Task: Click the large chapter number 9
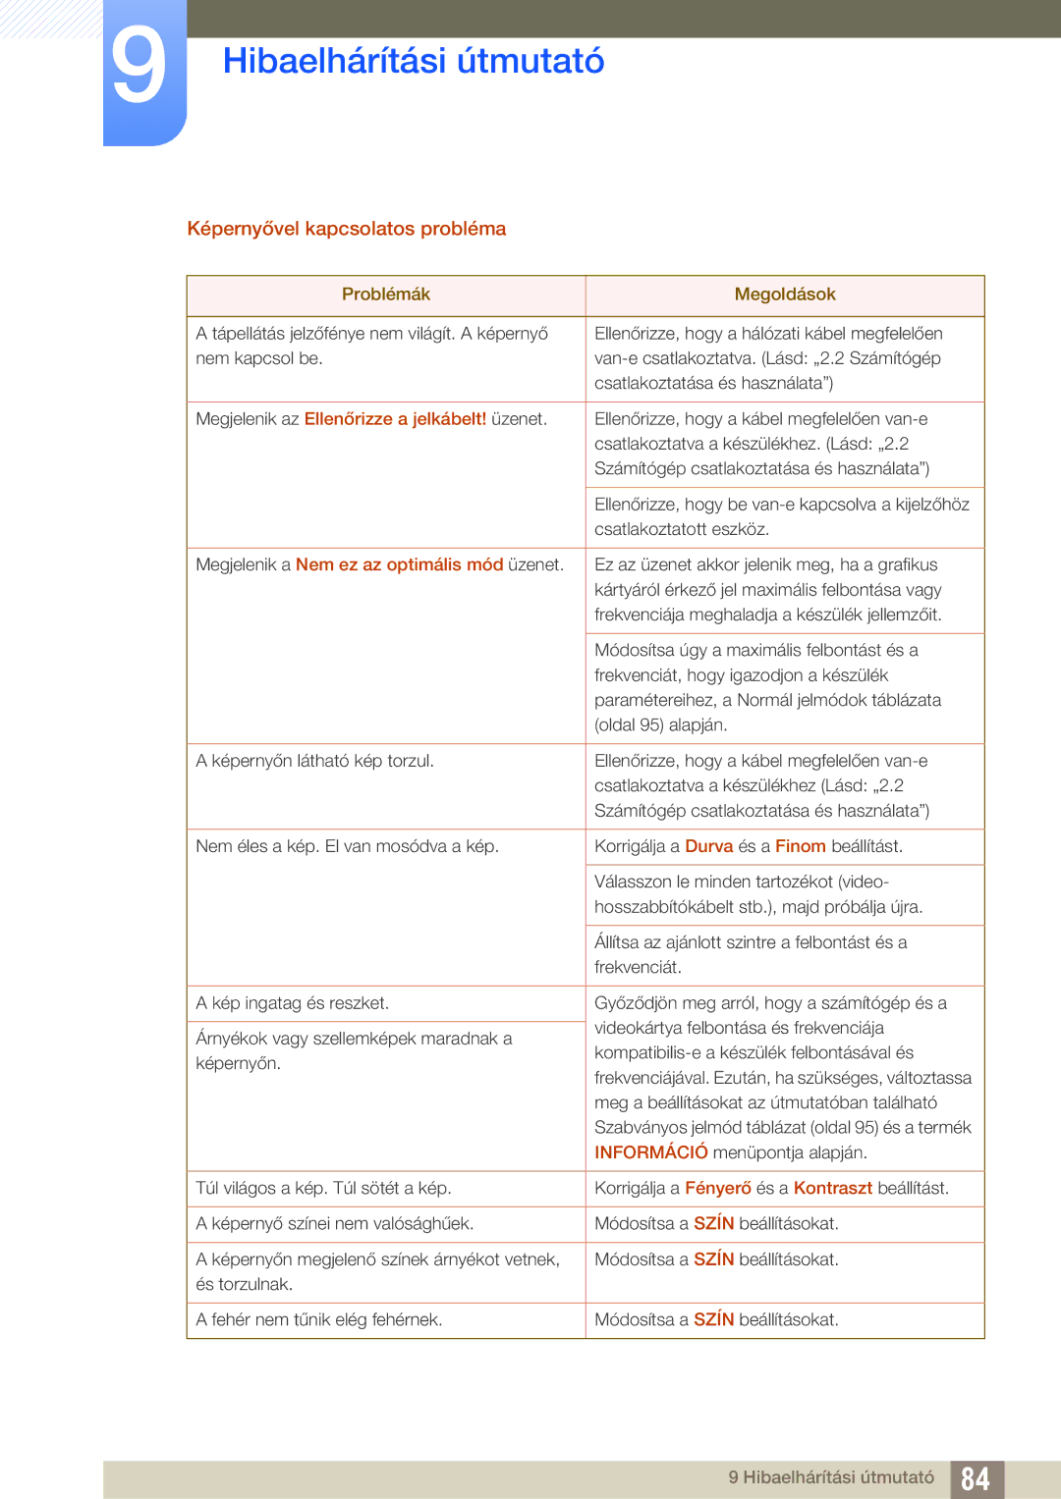(x=139, y=67)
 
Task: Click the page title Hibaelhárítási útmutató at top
(x=413, y=61)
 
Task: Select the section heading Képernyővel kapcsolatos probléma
(x=346, y=229)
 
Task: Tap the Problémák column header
(x=385, y=294)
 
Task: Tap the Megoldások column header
(x=784, y=294)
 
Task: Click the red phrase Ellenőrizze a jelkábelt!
(x=395, y=419)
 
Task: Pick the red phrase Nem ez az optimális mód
(x=399, y=565)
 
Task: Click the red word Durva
(x=708, y=846)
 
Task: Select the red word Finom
(x=800, y=846)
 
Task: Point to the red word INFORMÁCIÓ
(x=650, y=1152)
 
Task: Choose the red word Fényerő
(x=717, y=1188)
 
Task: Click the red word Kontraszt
(x=832, y=1188)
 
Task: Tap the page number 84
(x=975, y=1478)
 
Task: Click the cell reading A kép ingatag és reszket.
(x=292, y=1003)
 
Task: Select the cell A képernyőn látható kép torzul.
(x=314, y=761)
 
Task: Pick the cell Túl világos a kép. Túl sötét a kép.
(x=323, y=1188)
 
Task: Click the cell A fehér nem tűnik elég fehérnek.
(x=318, y=1319)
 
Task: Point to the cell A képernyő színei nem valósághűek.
(x=334, y=1223)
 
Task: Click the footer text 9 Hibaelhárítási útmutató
(x=831, y=1477)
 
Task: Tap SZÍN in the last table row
(x=713, y=1319)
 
